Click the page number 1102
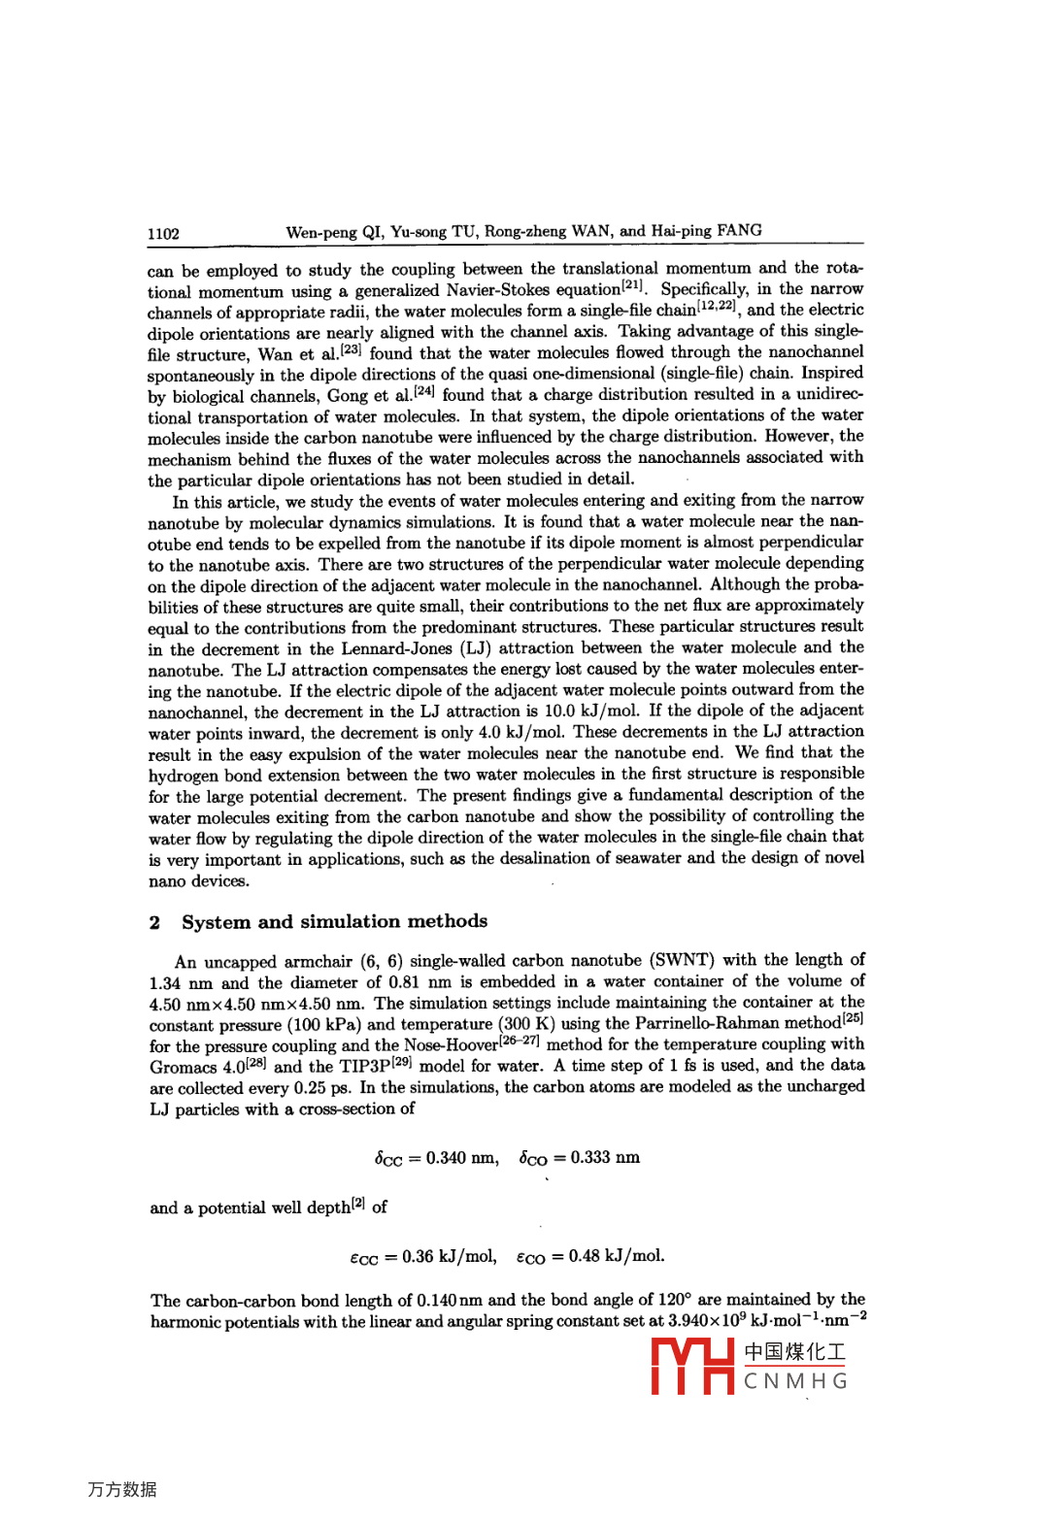point(163,234)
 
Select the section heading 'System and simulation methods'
point(334,921)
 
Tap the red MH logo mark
point(692,1366)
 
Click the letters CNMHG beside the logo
point(795,1381)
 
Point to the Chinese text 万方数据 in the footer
point(122,1489)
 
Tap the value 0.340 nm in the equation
point(461,1157)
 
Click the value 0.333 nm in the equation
point(605,1157)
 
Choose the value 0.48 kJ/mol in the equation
point(616,1256)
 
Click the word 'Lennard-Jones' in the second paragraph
point(395,648)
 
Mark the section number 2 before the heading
point(154,922)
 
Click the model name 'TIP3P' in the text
point(365,1066)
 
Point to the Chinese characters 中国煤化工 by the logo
point(795,1351)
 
